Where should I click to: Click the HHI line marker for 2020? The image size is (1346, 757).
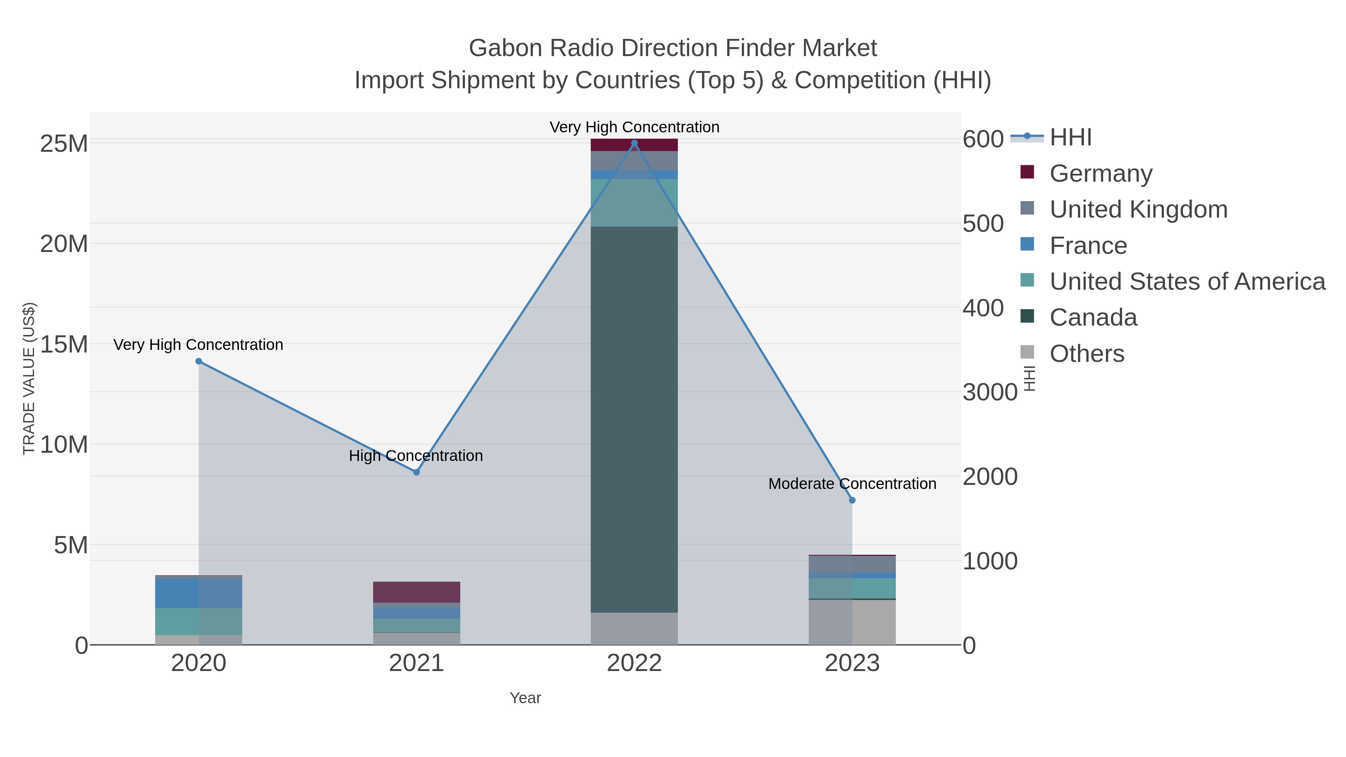[x=199, y=361]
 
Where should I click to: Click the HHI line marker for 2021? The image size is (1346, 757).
[x=417, y=472]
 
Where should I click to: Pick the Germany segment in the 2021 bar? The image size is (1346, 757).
[x=417, y=592]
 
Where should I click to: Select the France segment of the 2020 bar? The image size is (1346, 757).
[x=199, y=593]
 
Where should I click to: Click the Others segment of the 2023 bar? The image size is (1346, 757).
[x=852, y=622]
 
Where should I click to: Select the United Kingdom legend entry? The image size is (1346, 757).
[x=1138, y=209]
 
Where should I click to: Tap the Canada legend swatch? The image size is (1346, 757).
[x=1027, y=316]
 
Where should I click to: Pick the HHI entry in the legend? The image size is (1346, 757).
[x=1070, y=138]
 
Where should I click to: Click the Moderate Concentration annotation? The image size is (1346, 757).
[x=852, y=484]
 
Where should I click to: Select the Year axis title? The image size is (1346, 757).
[x=525, y=698]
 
